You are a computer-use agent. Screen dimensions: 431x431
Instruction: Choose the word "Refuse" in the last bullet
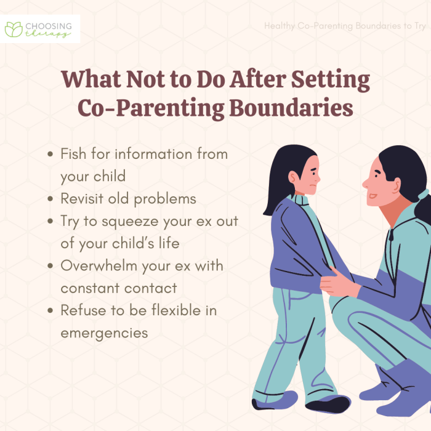pyautogui.click(x=82, y=310)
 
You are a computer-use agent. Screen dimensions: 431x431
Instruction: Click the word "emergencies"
pyautogui.click(x=104, y=332)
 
